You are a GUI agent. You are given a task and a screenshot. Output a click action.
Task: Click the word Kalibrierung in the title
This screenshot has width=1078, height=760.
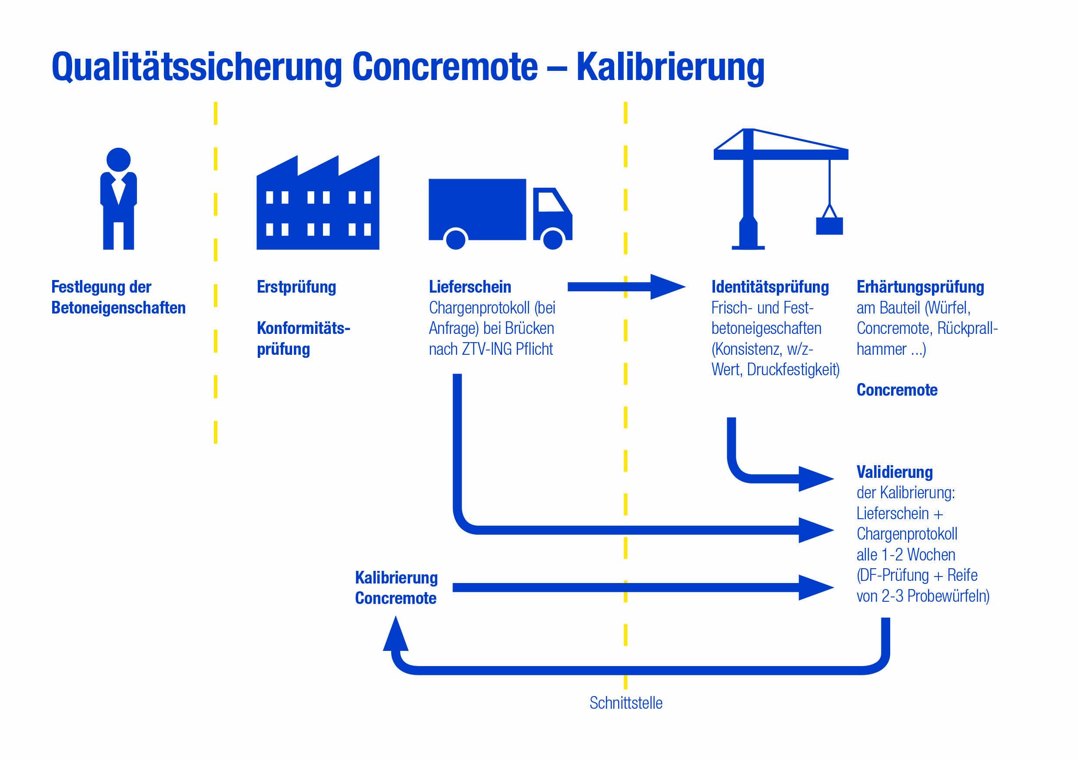[x=670, y=67]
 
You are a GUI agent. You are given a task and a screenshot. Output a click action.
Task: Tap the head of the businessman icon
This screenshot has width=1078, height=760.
[x=118, y=160]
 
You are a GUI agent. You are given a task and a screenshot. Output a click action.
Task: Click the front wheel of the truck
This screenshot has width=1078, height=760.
[x=552, y=239]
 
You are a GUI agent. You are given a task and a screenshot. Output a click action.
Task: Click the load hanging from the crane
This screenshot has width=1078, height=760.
[x=829, y=226]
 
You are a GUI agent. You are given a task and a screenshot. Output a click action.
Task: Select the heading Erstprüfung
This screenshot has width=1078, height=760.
[x=296, y=287]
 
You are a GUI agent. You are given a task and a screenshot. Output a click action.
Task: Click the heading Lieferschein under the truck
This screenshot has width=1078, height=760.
[x=469, y=287]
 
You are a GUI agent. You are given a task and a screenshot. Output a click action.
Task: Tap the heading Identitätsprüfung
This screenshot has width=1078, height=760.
[x=770, y=287]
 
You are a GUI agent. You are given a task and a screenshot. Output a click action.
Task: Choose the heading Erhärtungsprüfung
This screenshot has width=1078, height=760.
[x=920, y=287]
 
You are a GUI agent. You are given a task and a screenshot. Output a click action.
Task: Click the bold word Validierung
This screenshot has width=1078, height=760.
[x=895, y=472]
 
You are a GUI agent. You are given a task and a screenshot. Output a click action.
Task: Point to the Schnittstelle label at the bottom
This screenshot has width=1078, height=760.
[x=626, y=703]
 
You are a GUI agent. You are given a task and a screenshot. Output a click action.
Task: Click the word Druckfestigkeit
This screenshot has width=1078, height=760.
[x=792, y=370]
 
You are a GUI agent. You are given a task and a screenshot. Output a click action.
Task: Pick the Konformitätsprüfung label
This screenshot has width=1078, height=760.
[x=303, y=338]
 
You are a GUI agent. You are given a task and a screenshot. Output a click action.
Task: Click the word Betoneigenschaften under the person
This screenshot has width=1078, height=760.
[x=118, y=308]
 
